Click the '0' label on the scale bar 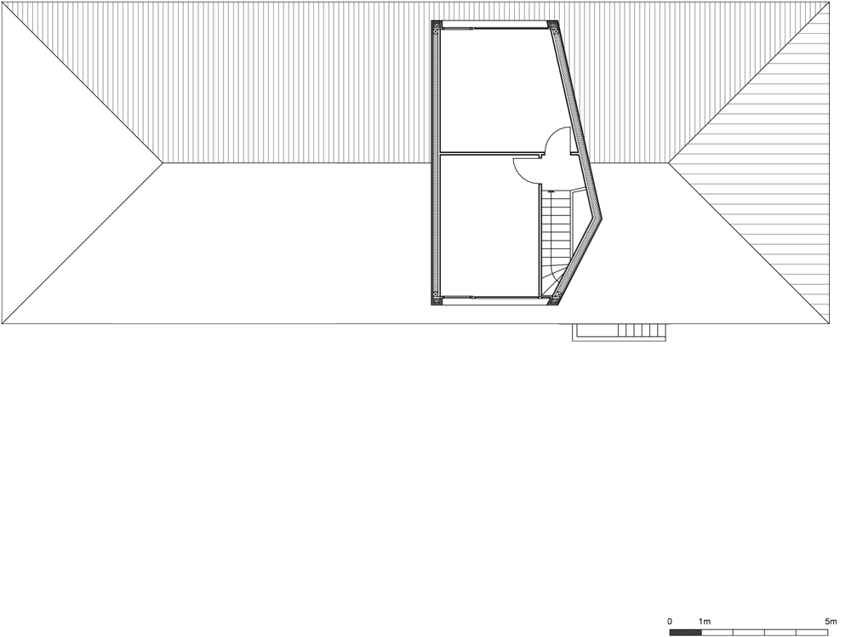pyautogui.click(x=670, y=622)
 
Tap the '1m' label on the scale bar pyautogui.click(x=705, y=622)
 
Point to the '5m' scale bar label pyautogui.click(x=831, y=622)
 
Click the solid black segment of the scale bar pyautogui.click(x=685, y=633)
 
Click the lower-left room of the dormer pyautogui.click(x=485, y=225)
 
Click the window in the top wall pyautogui.click(x=494, y=26)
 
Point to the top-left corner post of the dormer pyautogui.click(x=437, y=26)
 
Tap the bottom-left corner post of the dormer pyautogui.click(x=437, y=299)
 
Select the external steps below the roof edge pyautogui.click(x=619, y=332)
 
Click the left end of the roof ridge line pyautogui.click(x=163, y=162)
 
